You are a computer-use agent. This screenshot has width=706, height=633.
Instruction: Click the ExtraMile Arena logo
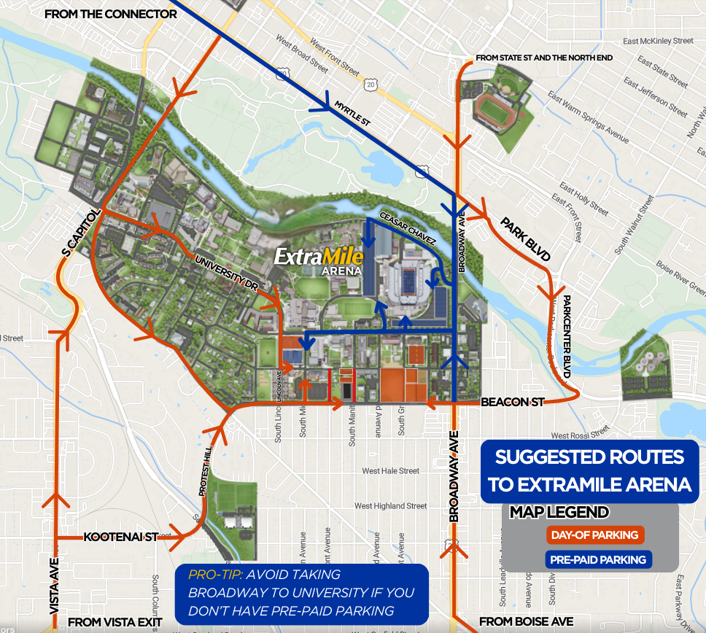click(319, 260)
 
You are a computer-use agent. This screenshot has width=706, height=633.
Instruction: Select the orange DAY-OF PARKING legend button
click(595, 535)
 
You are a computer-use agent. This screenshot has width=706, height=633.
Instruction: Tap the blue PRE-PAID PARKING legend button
click(598, 559)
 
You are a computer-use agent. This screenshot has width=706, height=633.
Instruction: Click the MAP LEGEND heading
click(559, 512)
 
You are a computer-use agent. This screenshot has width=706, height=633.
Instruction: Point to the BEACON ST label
click(513, 402)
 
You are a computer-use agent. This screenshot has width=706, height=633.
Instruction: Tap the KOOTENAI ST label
click(121, 537)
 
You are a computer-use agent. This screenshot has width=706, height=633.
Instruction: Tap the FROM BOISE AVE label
click(526, 622)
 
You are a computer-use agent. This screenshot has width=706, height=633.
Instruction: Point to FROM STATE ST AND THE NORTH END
click(543, 57)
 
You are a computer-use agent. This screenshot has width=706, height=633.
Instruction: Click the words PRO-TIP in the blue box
click(214, 574)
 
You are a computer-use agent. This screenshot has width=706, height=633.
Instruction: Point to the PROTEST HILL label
click(208, 473)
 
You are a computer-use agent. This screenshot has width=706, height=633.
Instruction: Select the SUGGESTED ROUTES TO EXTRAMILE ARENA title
click(589, 470)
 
